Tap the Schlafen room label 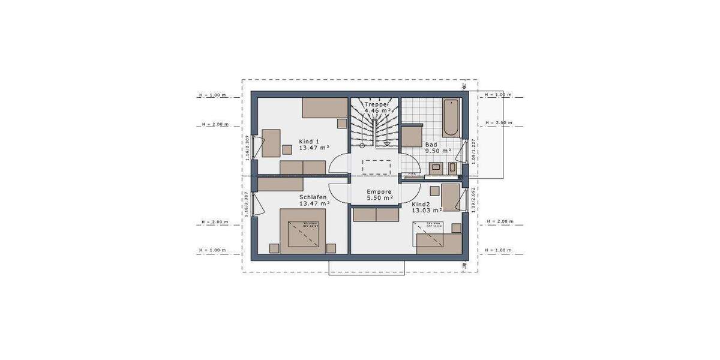click(313, 196)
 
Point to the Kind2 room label click(421, 204)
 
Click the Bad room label click(431, 145)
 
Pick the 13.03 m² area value click(427, 211)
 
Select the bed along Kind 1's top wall click(325, 108)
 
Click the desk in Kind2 click(451, 197)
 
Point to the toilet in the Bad click(449, 167)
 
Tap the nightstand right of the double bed click(330, 247)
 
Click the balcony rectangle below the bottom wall click(367, 268)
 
